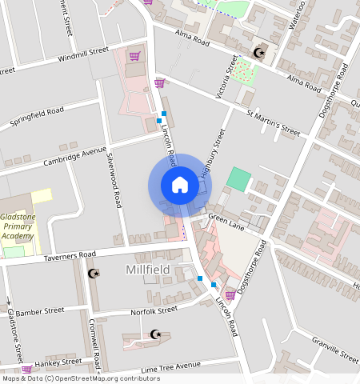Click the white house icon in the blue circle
tap(180, 185)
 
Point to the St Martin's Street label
tap(272, 123)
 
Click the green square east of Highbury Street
tap(238, 178)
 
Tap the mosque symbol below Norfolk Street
tap(155, 334)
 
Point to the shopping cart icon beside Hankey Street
tap(27, 369)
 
